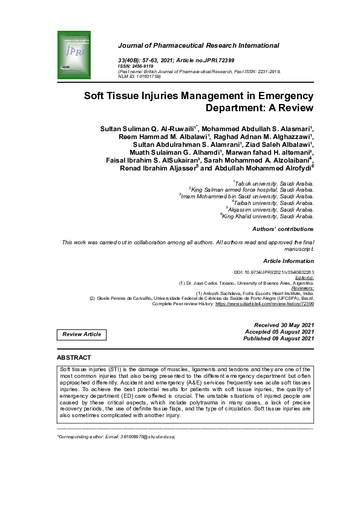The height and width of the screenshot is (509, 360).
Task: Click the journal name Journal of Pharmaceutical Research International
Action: point(200,45)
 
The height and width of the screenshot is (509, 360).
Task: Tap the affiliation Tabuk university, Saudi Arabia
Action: point(273,183)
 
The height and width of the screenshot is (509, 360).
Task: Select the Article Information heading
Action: point(289,261)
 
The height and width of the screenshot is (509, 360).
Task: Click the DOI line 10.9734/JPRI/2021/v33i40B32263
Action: point(273,273)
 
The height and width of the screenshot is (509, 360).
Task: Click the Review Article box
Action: point(82,334)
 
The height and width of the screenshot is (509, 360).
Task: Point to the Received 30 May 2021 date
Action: point(284,325)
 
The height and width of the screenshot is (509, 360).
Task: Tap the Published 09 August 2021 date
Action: point(278,339)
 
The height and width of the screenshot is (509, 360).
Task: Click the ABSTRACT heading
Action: point(74,358)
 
